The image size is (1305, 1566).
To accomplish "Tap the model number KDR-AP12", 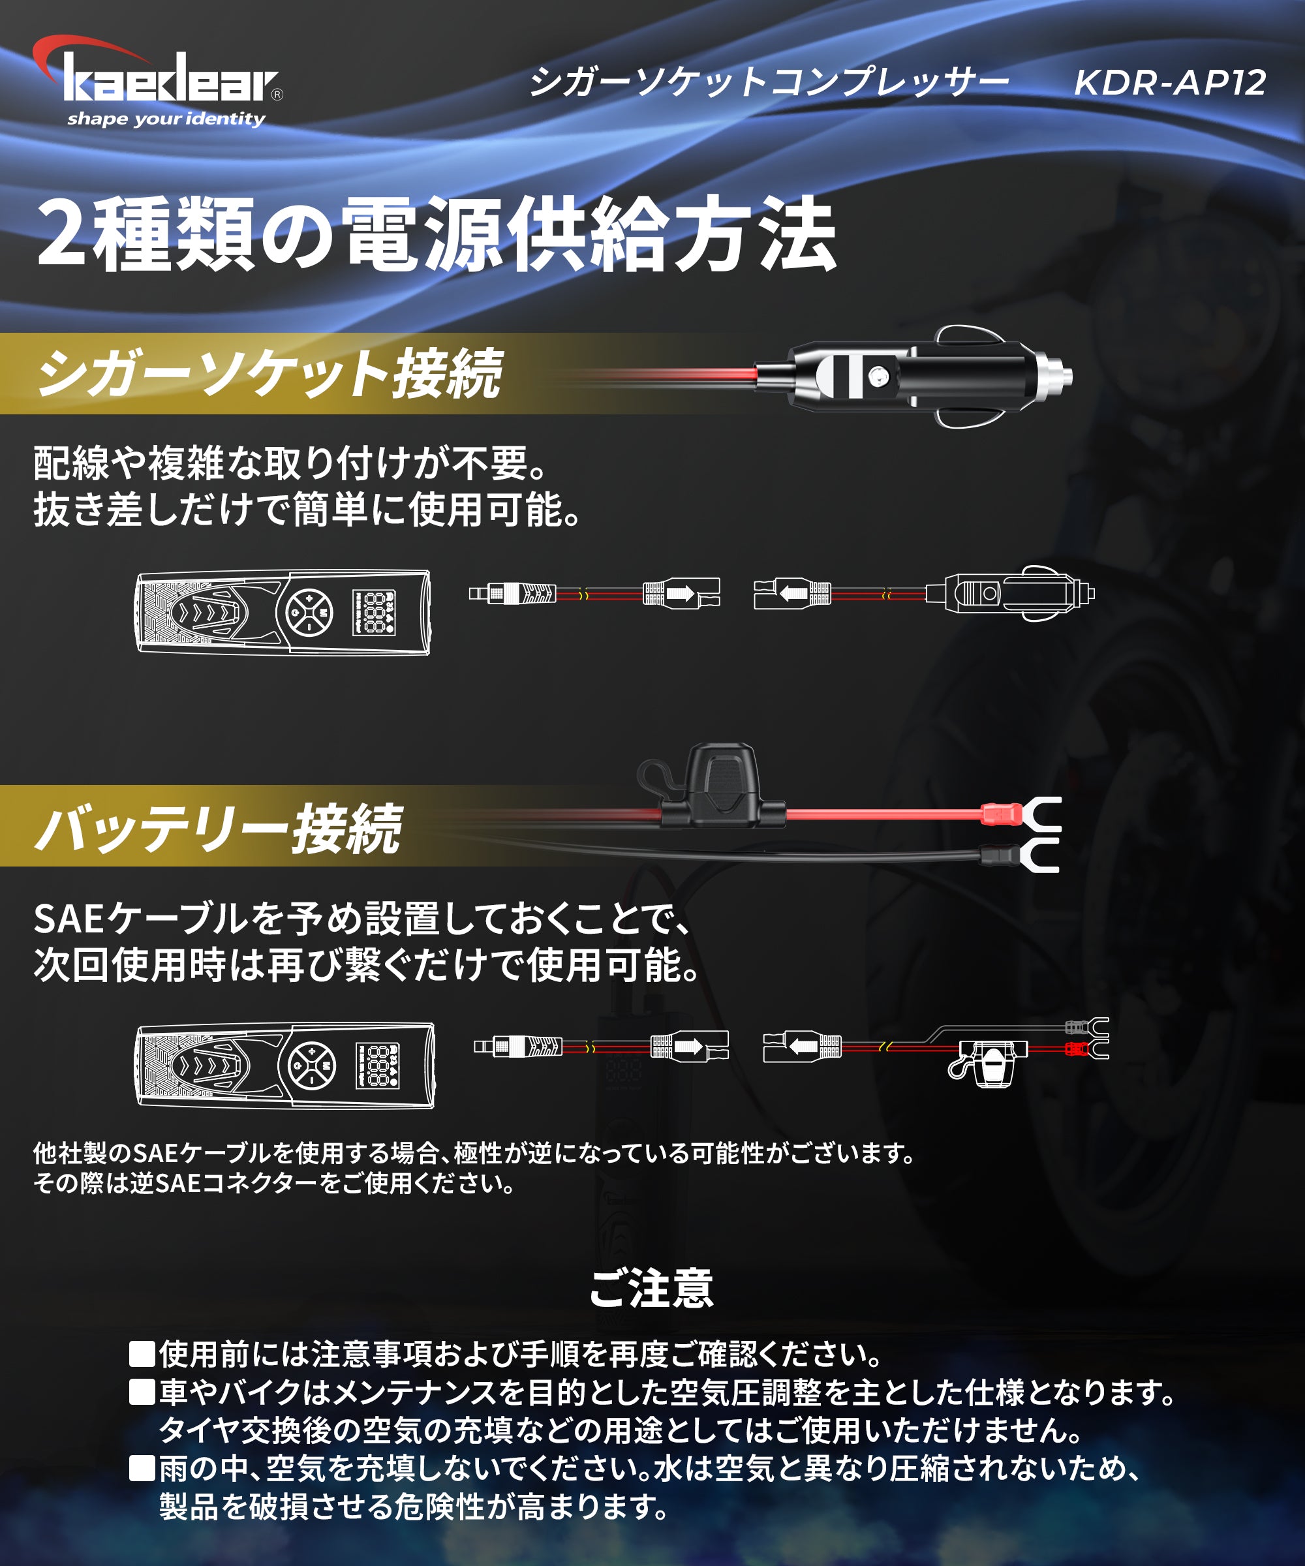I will tap(1169, 83).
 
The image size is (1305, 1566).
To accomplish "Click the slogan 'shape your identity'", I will tap(166, 119).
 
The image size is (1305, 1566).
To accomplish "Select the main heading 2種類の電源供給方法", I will tap(437, 235).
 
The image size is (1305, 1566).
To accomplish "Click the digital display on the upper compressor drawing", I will tap(374, 613).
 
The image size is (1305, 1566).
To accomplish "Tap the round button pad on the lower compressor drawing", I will tap(312, 1066).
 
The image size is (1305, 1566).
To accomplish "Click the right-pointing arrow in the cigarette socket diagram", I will tap(680, 594).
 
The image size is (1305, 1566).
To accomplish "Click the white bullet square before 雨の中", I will tap(142, 1468).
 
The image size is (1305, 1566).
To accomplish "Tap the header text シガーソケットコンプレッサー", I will tap(768, 83).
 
